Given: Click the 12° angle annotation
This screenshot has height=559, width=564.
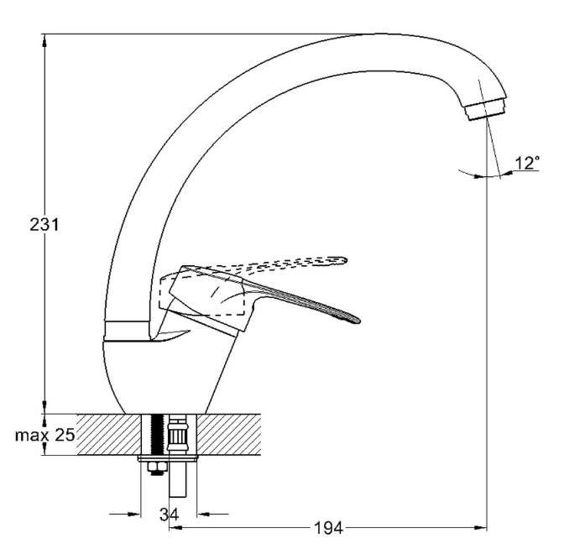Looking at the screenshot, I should point(526,164).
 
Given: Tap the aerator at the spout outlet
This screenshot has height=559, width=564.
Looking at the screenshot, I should point(486,108).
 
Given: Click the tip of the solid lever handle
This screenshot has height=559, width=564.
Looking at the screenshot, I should point(356,319).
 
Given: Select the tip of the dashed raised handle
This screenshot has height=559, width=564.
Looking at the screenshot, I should point(343,261).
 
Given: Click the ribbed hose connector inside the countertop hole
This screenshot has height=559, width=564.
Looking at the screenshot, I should point(177,436).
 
